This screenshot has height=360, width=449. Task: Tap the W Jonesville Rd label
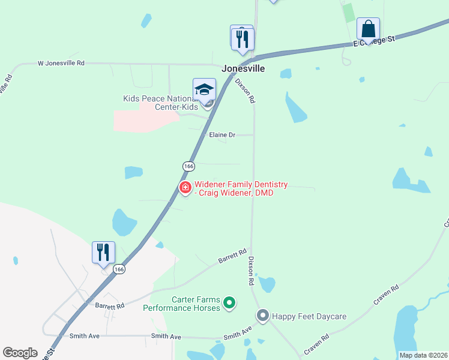point(61,62)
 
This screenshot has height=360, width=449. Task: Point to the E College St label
point(374,40)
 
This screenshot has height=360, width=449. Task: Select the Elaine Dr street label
point(221,135)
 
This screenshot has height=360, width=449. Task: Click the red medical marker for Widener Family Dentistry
point(185,188)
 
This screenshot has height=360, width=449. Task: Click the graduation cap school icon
point(204,90)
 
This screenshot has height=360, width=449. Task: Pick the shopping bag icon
point(369,28)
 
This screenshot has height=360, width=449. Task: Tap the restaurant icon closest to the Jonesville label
point(243,39)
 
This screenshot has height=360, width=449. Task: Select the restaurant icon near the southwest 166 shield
point(103,252)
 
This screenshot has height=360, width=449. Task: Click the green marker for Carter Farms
point(229,304)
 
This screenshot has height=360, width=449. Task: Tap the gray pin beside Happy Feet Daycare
point(263,315)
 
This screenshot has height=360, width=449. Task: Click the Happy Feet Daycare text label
point(309,316)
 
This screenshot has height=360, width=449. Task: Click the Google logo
point(20,352)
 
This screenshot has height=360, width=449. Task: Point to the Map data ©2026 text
point(423,355)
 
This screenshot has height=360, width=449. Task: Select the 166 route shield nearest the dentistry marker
point(188,166)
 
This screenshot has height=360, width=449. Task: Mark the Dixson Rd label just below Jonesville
point(245,90)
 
